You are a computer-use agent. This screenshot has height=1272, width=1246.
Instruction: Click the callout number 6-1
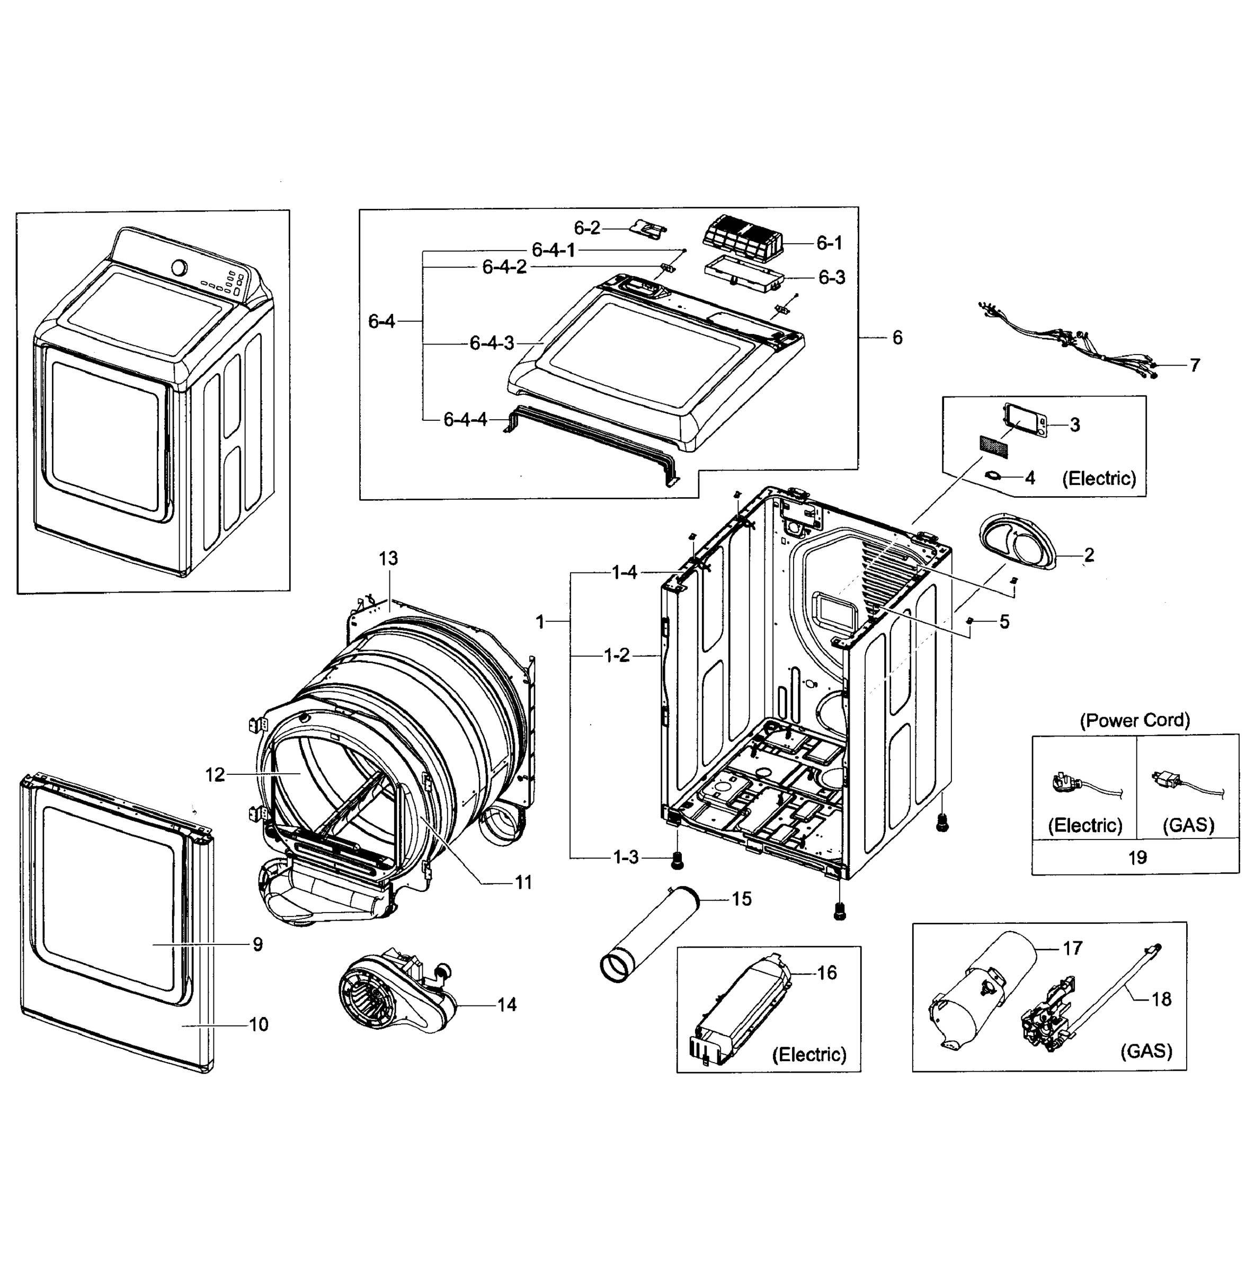tap(829, 243)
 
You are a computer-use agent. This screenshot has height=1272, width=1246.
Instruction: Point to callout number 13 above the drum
tap(388, 559)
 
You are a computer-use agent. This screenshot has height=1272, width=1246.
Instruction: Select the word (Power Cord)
tap(1134, 720)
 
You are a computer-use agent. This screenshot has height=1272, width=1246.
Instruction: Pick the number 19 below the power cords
tap(1137, 857)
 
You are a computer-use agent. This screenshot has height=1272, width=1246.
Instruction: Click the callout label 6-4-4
tap(465, 419)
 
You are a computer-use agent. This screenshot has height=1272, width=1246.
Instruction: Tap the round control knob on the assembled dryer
tap(179, 267)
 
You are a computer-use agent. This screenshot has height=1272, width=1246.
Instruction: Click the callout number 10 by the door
tap(259, 1024)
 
